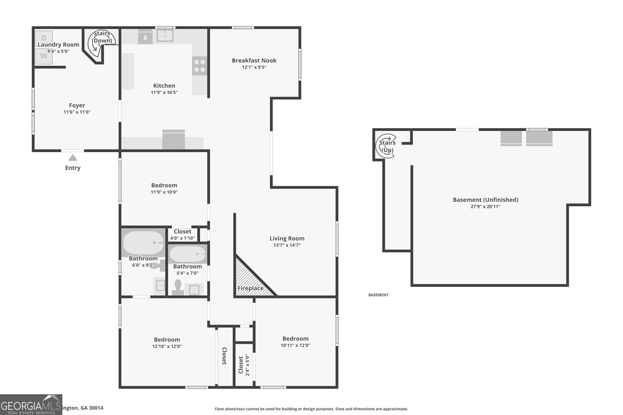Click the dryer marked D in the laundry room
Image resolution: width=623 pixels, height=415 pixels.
tap(44, 38)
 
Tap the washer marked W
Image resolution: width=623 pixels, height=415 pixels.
tap(44, 56)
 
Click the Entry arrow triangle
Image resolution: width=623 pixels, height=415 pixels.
tap(73, 158)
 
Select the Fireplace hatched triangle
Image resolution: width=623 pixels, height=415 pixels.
tap(249, 280)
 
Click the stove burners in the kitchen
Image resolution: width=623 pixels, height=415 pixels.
tap(199, 66)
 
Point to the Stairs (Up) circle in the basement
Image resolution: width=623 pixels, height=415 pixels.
tap(387, 146)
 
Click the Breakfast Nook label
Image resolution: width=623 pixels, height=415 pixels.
tap(254, 60)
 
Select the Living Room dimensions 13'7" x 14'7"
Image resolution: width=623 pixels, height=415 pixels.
tap(287, 245)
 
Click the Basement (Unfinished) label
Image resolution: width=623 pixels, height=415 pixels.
tap(485, 200)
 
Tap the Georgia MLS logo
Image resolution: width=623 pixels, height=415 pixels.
tap(31, 404)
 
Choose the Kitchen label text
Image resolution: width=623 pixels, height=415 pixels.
tap(164, 86)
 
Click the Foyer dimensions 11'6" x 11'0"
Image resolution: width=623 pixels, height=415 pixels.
tap(77, 112)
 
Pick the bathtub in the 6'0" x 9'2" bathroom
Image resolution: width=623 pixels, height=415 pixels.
tap(143, 243)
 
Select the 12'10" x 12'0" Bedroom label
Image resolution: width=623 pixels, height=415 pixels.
tap(167, 340)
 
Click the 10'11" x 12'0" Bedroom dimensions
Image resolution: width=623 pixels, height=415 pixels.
tap(296, 345)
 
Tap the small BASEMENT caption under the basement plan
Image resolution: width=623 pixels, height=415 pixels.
tap(378, 295)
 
